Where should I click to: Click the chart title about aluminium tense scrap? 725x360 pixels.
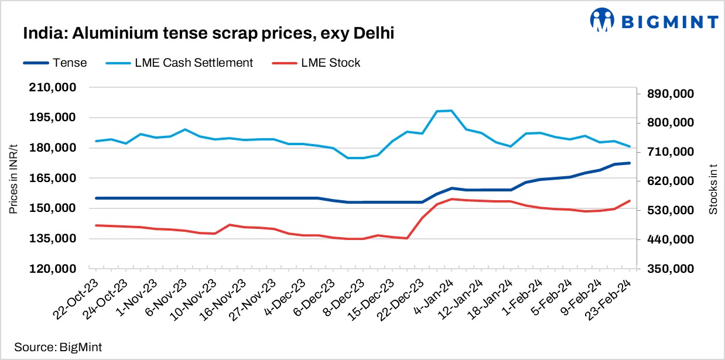point(208,34)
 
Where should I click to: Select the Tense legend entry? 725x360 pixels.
point(56,63)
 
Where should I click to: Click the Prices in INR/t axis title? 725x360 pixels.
point(13,178)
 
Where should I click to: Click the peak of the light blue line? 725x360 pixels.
point(451,111)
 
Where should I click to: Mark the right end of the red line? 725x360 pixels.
point(630,201)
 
